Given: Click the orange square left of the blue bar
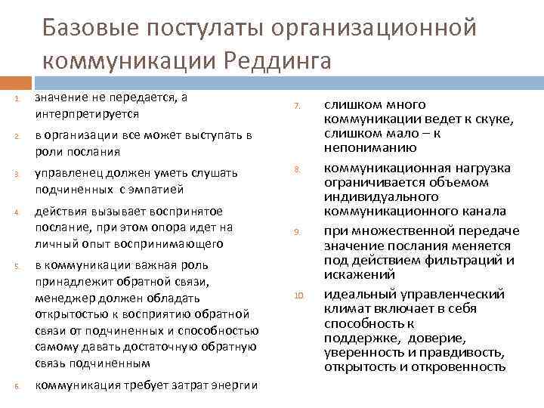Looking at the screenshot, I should [10, 81].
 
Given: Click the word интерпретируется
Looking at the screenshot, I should [87, 113].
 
